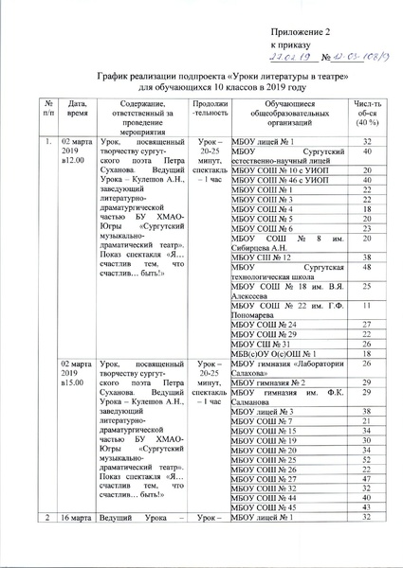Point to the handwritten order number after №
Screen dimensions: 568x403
click(351, 56)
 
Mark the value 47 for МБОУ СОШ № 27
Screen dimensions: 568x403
click(365, 483)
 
